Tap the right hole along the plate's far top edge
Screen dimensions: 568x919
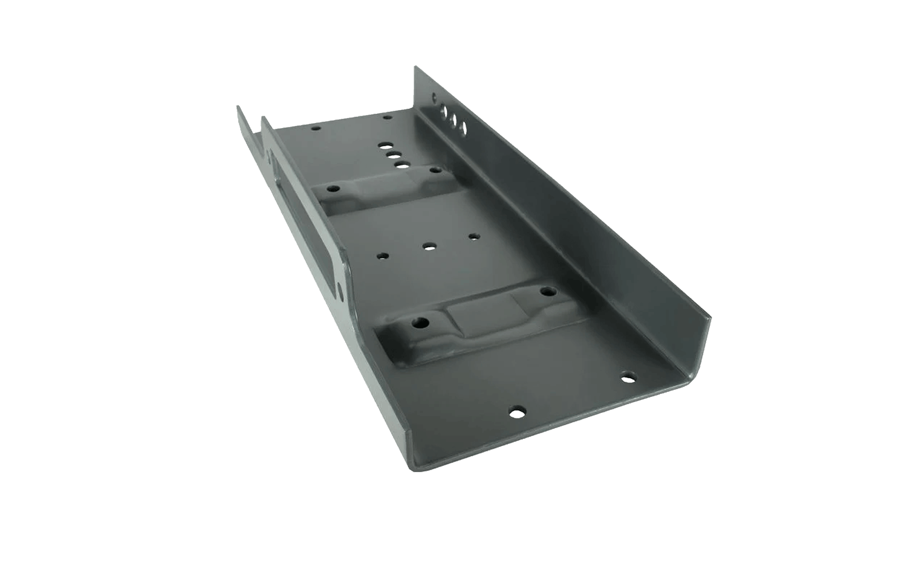click(386, 116)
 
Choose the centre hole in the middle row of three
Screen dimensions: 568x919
click(429, 246)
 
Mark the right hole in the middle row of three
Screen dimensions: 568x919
click(474, 237)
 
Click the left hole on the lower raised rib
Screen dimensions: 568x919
click(422, 322)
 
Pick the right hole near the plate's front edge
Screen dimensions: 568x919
click(628, 377)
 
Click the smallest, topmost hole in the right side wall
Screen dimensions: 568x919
click(434, 96)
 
